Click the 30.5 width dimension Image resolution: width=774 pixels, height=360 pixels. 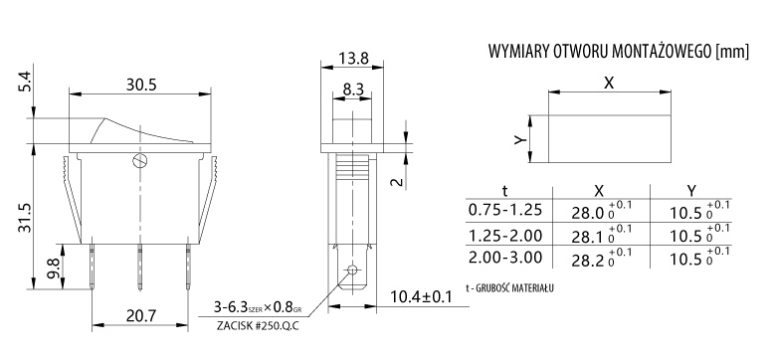pyautogui.click(x=141, y=85)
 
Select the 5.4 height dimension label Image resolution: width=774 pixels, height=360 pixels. pyautogui.click(x=26, y=82)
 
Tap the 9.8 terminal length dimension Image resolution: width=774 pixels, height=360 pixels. pyautogui.click(x=55, y=269)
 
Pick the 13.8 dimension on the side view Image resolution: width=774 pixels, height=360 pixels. pyautogui.click(x=353, y=59)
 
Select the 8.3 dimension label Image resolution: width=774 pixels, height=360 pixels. pyautogui.click(x=352, y=90)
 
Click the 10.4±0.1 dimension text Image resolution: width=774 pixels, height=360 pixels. pyautogui.click(x=421, y=297)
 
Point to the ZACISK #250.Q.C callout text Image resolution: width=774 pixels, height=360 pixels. pyautogui.click(x=258, y=326)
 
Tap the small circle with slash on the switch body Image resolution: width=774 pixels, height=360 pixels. pyautogui.click(x=139, y=161)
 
